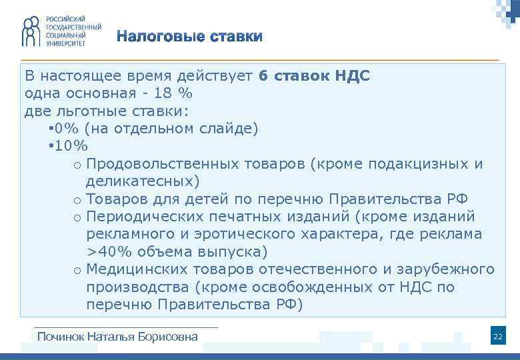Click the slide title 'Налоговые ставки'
click(190, 36)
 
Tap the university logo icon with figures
click(31, 31)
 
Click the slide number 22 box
click(497, 337)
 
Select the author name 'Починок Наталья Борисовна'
click(117, 337)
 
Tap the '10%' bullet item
click(73, 146)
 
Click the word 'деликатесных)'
click(142, 181)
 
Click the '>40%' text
click(109, 252)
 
